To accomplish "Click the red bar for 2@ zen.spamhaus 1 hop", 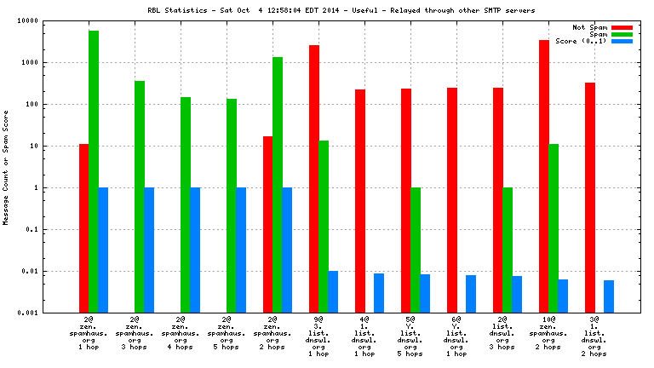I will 83,228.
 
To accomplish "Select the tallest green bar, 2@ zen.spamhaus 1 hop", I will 94,171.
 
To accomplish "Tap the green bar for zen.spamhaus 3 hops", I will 140,197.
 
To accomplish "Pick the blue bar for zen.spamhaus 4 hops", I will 195,250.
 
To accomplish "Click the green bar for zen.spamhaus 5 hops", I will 232,205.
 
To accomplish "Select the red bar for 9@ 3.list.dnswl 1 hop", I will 313,179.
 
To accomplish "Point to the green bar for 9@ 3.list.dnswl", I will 324,227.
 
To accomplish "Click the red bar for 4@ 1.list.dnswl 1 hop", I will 360,201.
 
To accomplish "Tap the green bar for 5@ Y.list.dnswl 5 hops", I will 416,250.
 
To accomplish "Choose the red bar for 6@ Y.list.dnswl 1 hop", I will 452,200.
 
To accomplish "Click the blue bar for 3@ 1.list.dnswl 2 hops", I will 609,296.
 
